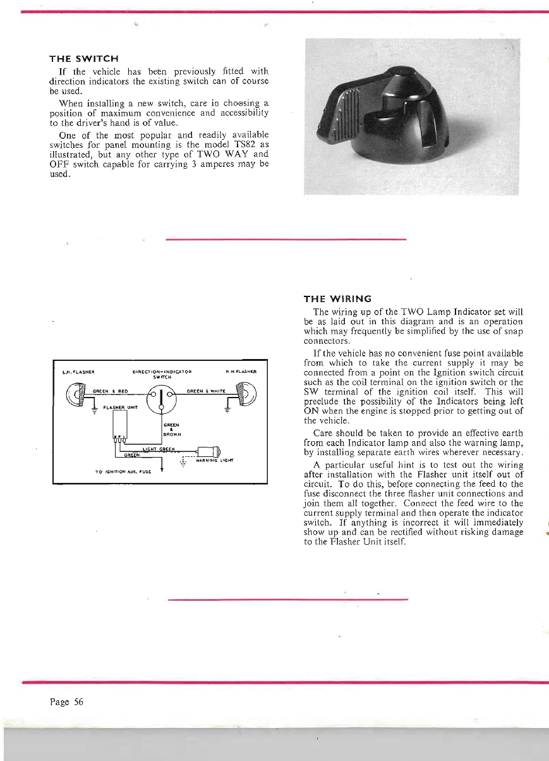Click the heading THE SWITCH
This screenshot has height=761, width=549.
click(x=81, y=59)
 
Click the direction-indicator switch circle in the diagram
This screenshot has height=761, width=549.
click(x=162, y=398)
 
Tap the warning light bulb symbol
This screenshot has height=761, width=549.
click(x=208, y=451)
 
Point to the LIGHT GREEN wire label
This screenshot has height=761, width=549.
click(x=159, y=449)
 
